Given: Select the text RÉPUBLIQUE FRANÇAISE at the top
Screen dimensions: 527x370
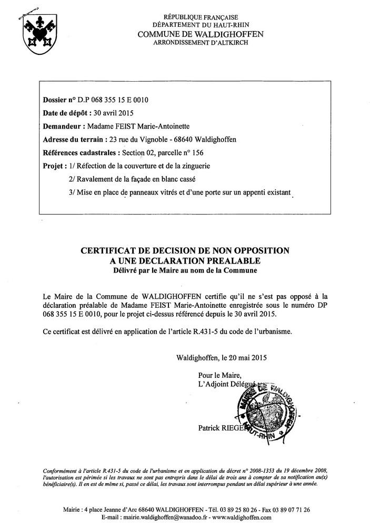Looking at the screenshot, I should (x=201, y=17).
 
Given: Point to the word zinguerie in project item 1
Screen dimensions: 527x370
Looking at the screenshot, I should (x=195, y=166).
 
